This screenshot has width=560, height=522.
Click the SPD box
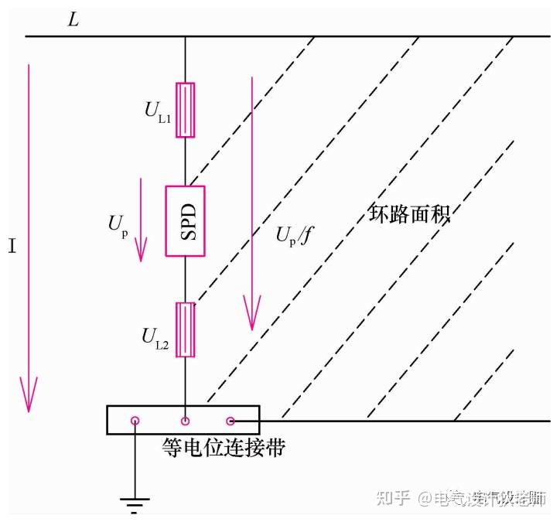185,220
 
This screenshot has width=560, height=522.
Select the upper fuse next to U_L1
185,110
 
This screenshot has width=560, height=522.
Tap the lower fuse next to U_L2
185,329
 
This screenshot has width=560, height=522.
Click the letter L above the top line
73,20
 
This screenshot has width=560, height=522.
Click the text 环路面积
408,213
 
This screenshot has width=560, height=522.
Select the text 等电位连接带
222,448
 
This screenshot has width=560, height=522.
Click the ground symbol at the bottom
135,504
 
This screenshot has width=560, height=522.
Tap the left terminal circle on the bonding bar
135,421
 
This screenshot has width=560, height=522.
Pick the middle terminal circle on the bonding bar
185,421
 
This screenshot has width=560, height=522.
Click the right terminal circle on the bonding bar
230,421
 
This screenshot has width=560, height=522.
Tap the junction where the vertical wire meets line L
185,36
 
